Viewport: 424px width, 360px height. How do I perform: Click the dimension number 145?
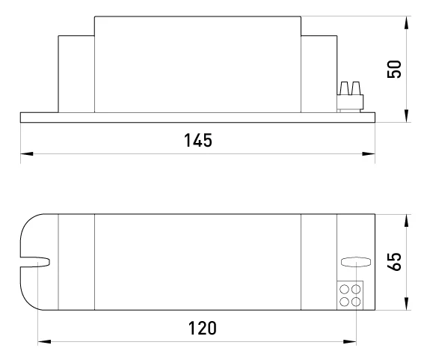198,140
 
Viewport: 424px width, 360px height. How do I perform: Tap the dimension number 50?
394,70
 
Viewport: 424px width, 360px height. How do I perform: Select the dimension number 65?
394,261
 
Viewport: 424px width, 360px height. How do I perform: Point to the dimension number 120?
202,328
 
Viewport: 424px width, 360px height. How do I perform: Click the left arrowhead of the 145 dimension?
27,153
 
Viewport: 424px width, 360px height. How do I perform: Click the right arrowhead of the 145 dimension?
369,153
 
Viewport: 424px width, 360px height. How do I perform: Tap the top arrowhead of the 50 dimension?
406,22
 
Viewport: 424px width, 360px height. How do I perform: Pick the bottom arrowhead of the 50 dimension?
406,116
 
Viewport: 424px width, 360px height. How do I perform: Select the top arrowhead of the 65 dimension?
406,221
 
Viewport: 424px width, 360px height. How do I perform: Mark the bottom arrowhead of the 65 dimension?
406,303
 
